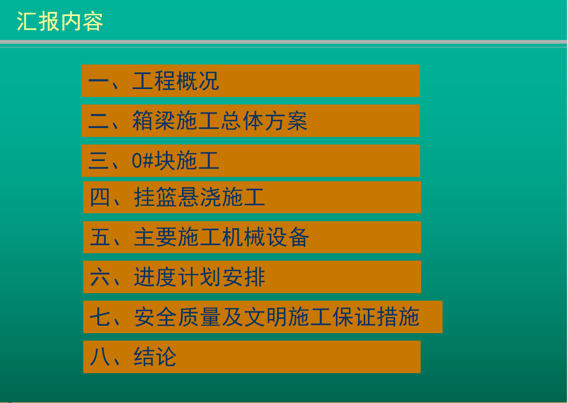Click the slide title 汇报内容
(60, 22)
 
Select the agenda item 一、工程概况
(154, 80)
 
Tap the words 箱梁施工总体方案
(220, 121)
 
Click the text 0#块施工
(175, 160)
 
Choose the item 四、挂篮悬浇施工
(177, 197)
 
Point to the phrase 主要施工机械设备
(222, 237)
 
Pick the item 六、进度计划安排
(177, 277)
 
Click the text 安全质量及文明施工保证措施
(277, 317)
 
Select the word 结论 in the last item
(155, 357)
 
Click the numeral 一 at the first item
(98, 81)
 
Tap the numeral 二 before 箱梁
(98, 121)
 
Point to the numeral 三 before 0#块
(98, 160)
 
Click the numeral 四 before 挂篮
(100, 198)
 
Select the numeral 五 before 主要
(100, 237)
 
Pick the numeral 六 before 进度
(100, 277)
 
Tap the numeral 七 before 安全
(100, 317)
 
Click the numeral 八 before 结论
(100, 357)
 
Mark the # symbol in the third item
(148, 160)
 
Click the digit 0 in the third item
(137, 160)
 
